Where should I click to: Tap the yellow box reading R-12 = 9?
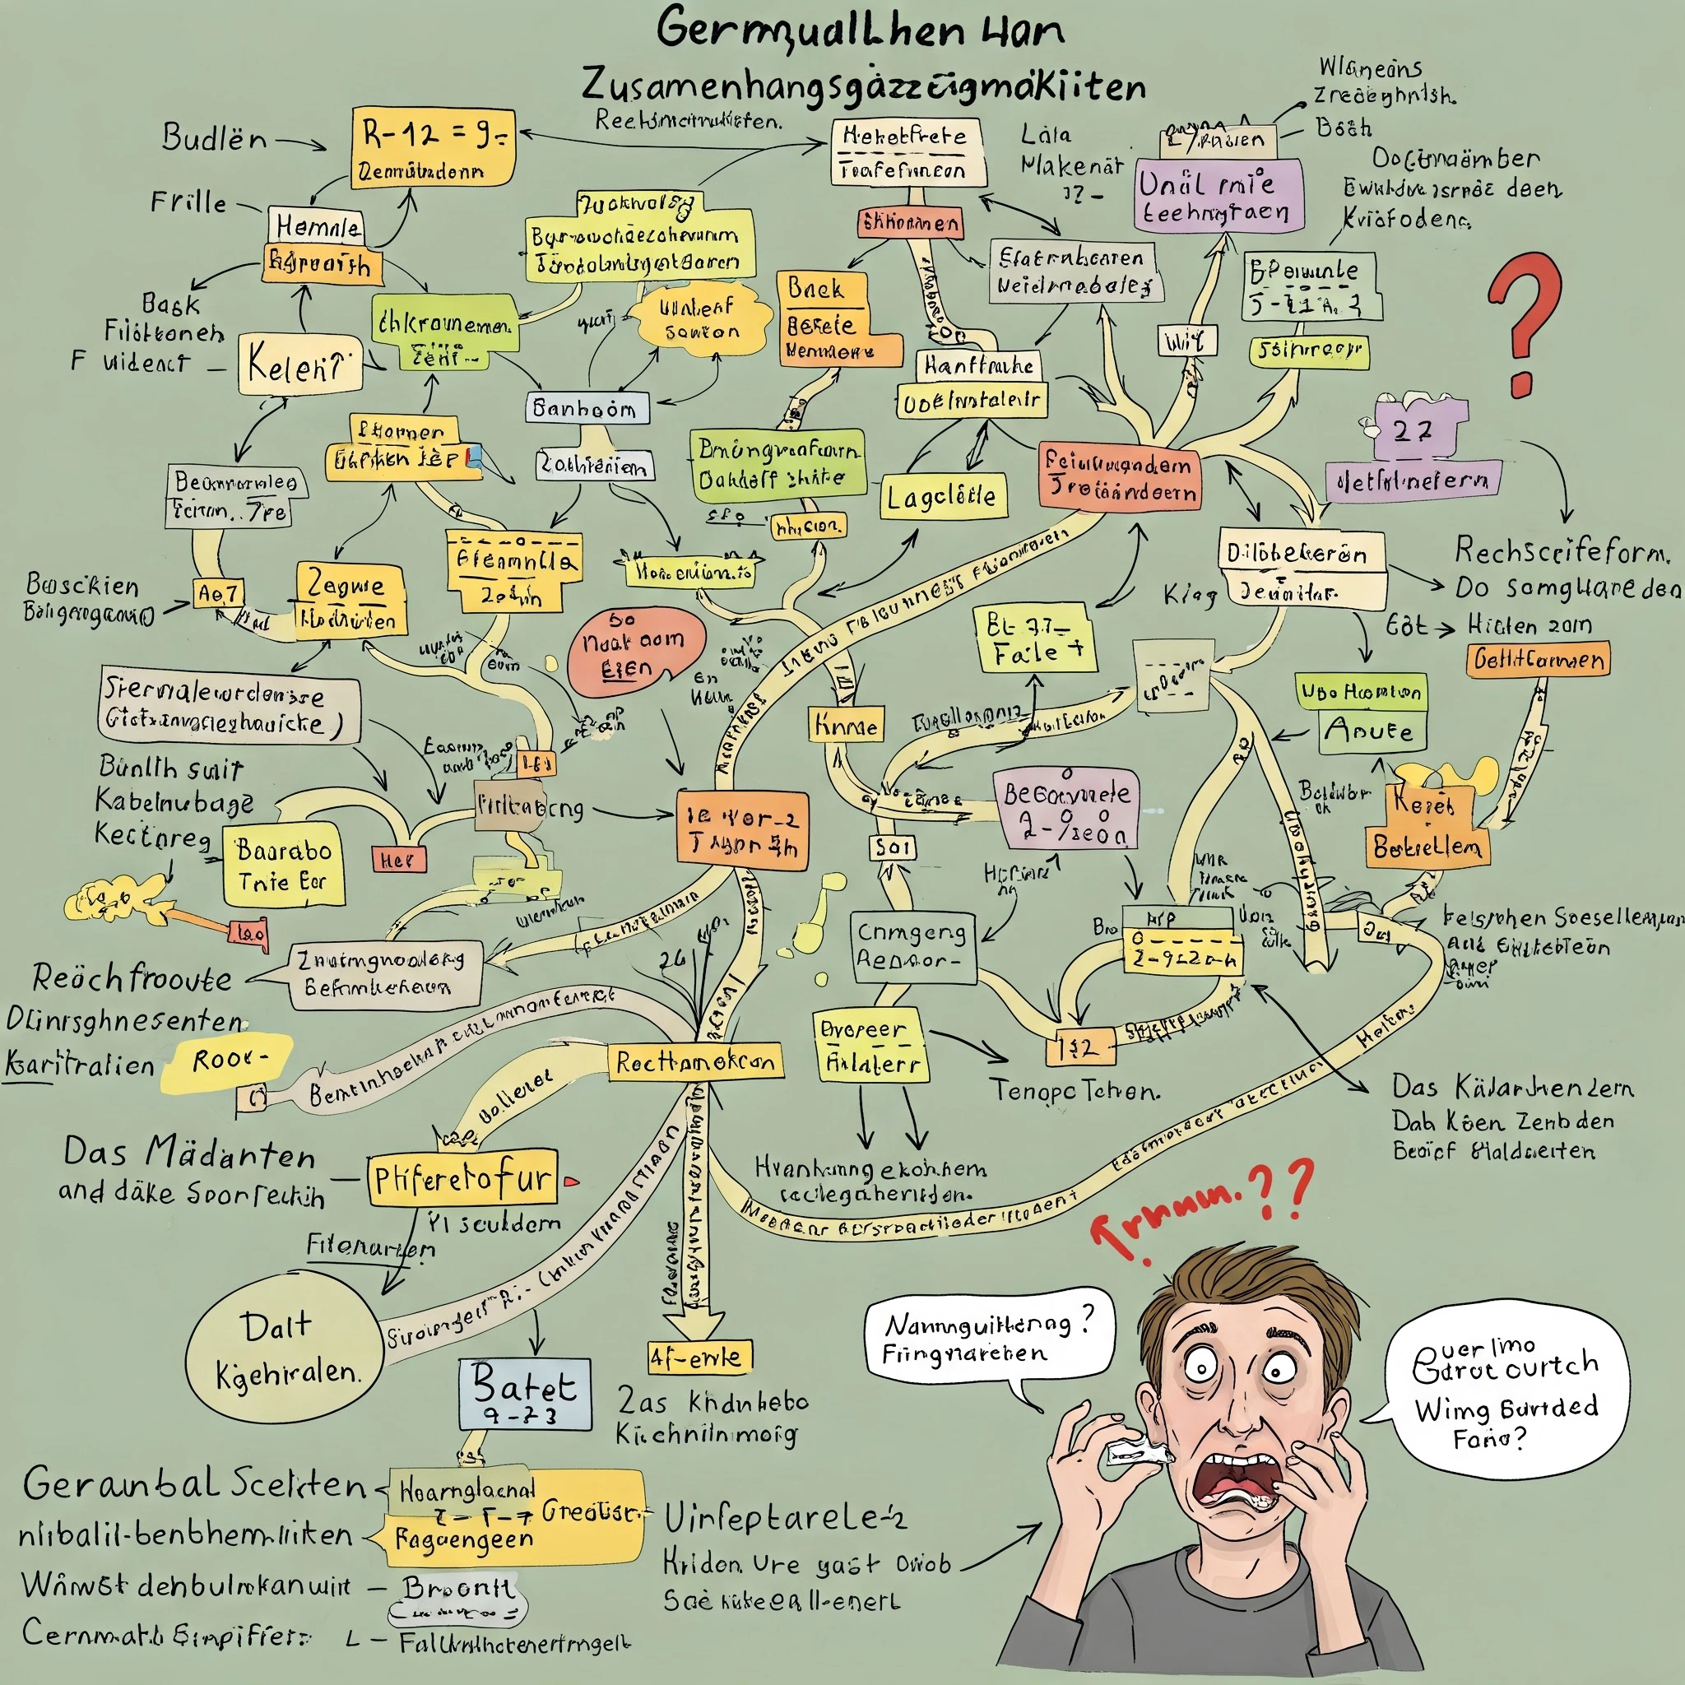pyautogui.click(x=433, y=146)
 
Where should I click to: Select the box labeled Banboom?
pyautogui.click(x=586, y=408)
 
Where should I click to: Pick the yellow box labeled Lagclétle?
pyautogui.click(x=942, y=496)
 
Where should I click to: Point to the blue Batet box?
pyautogui.click(x=524, y=1393)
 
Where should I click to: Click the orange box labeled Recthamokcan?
pyautogui.click(x=694, y=1061)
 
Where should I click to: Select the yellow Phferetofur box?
pyautogui.click(x=462, y=1179)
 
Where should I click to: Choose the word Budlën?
pyautogui.click(x=215, y=137)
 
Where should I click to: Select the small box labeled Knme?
pyautogui.click(x=845, y=725)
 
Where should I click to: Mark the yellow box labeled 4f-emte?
pyautogui.click(x=699, y=1356)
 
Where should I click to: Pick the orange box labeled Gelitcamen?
pyautogui.click(x=1538, y=658)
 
